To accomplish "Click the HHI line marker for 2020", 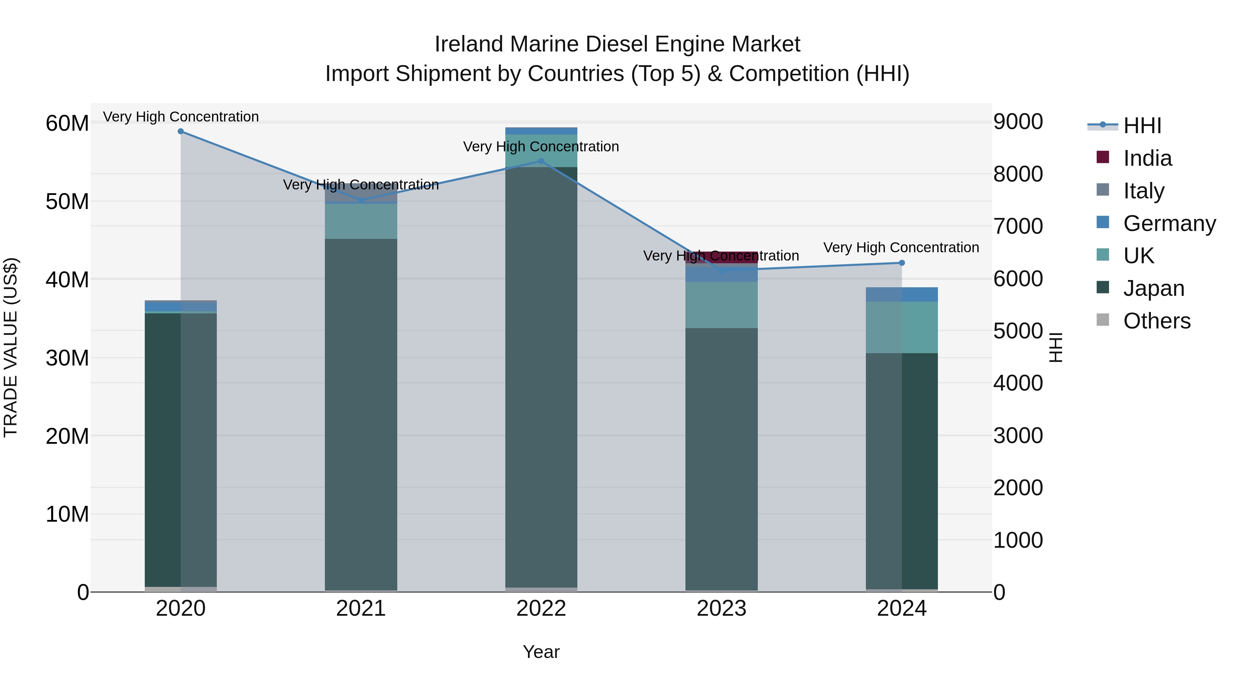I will pos(181,131).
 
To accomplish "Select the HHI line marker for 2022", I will pos(541,161).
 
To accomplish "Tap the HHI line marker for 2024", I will pos(902,263).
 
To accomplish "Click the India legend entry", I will pos(1147,158).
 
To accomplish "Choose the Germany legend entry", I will pos(1169,223).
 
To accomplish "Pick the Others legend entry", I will pos(1156,321).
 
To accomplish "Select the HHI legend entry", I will pos(1142,126).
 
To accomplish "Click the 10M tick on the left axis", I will pos(67,514).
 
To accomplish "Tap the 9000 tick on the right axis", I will pos(1018,121).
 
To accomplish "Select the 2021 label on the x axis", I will pos(361,609).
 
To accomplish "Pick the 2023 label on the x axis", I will pos(721,609).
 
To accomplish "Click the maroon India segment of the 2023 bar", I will pos(721,257).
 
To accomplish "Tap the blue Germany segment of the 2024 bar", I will pos(902,294).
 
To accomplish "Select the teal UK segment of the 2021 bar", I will pos(361,221).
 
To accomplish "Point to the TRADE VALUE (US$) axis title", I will pos(11,347).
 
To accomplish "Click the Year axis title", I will pos(541,652).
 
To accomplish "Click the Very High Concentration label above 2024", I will pos(901,247).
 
